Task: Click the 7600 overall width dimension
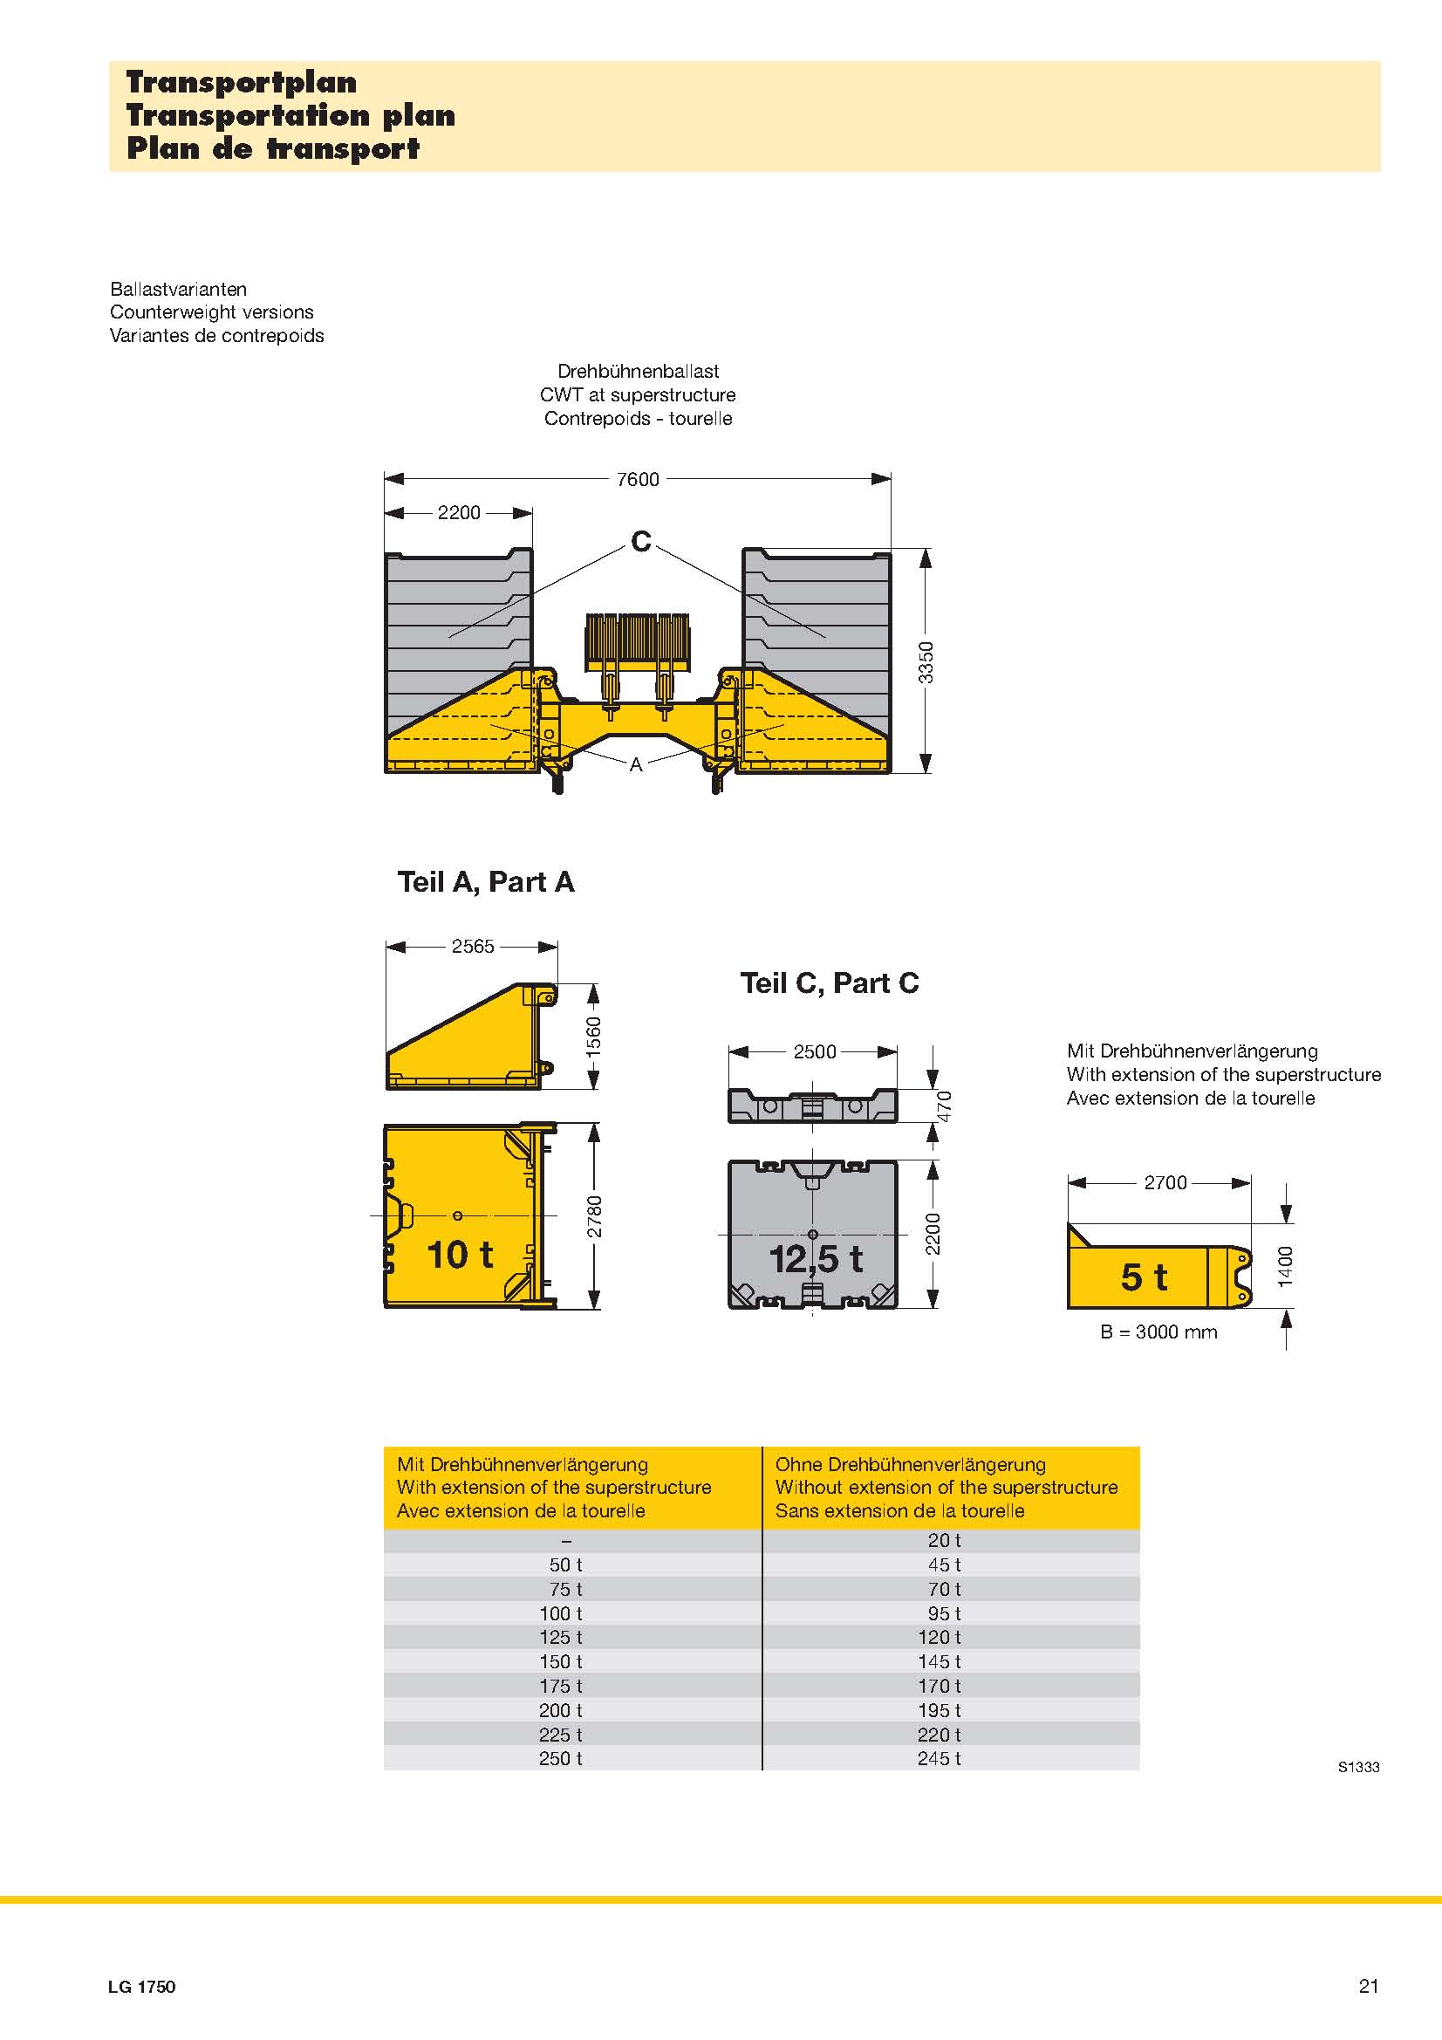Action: point(638,479)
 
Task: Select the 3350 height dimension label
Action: point(926,662)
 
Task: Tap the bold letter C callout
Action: point(640,540)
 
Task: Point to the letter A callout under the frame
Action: point(635,764)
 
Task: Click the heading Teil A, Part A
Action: point(486,881)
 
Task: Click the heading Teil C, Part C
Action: point(829,982)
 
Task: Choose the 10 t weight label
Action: point(460,1255)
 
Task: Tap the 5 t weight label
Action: point(1144,1277)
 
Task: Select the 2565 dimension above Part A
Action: point(473,946)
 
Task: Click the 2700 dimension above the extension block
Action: point(1165,1182)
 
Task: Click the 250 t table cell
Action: point(561,1758)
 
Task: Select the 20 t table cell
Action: point(945,1540)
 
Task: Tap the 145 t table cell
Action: point(940,1661)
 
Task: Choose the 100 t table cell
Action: point(561,1613)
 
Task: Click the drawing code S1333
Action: point(1358,1767)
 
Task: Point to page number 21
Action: point(1368,1986)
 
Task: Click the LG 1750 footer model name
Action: point(142,1987)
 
